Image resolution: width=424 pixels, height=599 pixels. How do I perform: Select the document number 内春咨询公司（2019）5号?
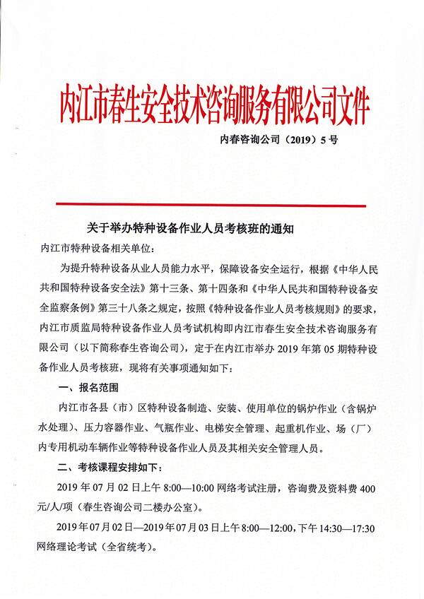point(278,140)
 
